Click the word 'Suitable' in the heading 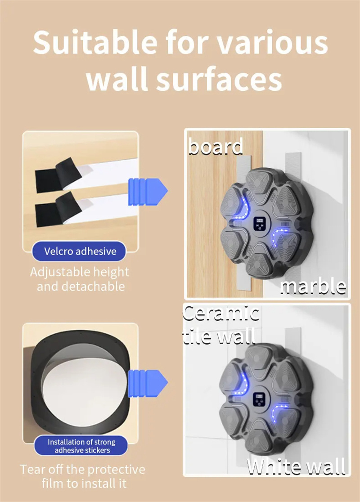[x=95, y=42]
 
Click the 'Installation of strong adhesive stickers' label [x=81, y=446]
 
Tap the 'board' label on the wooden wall [x=216, y=147]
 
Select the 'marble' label [x=313, y=286]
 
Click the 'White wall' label [x=296, y=466]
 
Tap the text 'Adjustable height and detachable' [x=80, y=279]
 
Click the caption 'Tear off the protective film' [x=82, y=476]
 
